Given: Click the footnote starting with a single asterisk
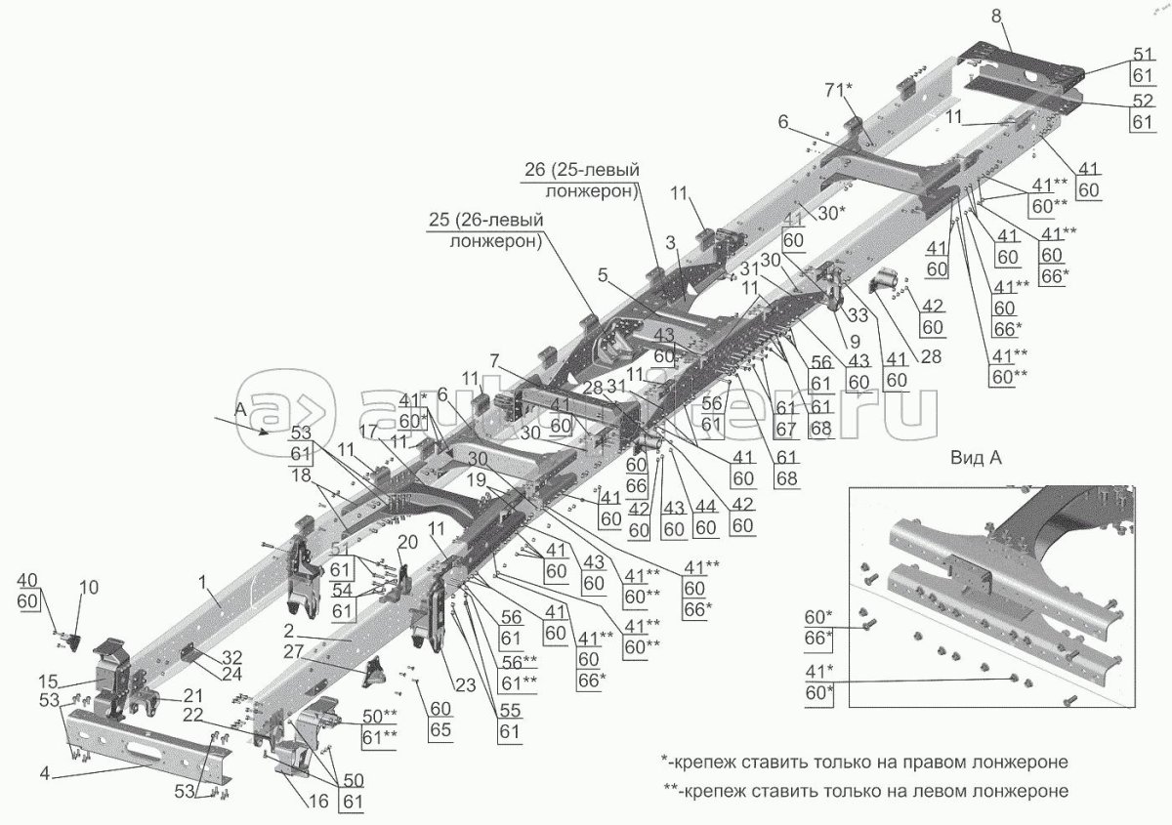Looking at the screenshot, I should tap(862, 761).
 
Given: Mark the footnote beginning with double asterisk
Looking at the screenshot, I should tap(862, 789).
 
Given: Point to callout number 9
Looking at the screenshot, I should tap(856, 342).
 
